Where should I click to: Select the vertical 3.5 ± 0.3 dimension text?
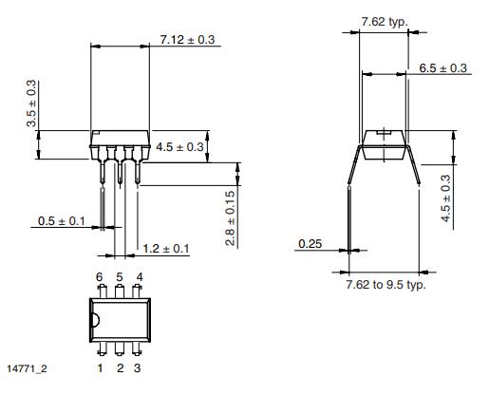[32, 104]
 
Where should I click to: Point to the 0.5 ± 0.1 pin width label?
[62, 221]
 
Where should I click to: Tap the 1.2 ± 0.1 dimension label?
[166, 249]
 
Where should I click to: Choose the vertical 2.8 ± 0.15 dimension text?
[231, 219]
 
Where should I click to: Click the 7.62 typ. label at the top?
[385, 20]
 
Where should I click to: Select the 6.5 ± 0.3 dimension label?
[443, 67]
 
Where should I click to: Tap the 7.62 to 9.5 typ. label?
[386, 283]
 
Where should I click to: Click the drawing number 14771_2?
[26, 367]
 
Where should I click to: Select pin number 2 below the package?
[119, 367]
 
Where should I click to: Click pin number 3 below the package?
[138, 367]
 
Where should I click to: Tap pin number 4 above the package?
[139, 276]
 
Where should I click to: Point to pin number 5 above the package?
[119, 276]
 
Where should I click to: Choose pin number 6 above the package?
[99, 276]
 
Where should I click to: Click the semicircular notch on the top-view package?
[95, 320]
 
